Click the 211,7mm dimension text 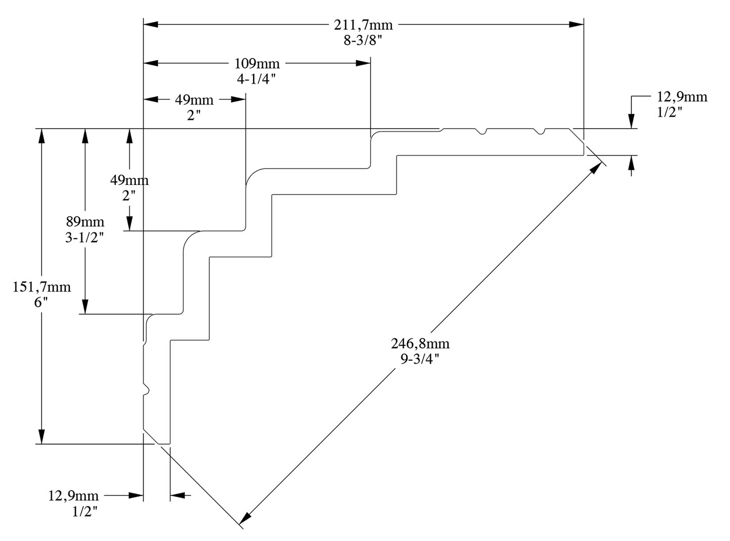click(x=363, y=24)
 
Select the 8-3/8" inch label click(x=363, y=40)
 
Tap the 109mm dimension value click(x=257, y=64)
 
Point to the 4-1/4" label click(x=257, y=79)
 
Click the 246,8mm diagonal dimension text click(x=420, y=344)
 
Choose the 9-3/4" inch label click(x=420, y=359)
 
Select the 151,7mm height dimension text click(x=42, y=287)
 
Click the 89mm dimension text click(x=85, y=222)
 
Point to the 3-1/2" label click(x=84, y=237)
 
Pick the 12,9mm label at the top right click(x=682, y=97)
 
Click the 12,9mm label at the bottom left click(x=74, y=496)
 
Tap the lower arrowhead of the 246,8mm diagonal click(x=245, y=518)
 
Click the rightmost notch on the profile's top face click(x=541, y=132)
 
